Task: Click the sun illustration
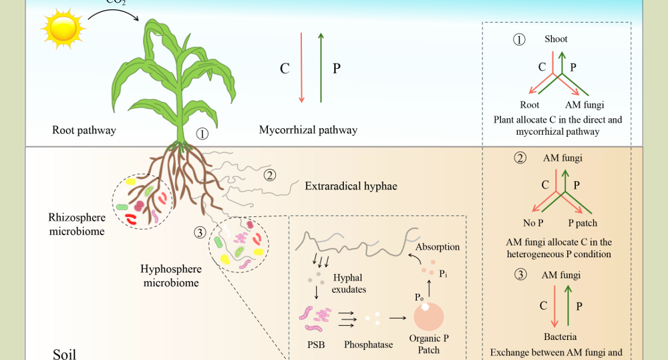point(63,28)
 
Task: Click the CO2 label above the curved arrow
point(116,2)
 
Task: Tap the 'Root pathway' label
point(84,130)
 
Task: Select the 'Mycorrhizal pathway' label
point(308,130)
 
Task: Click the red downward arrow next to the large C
point(301,67)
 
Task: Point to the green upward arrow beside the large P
point(321,67)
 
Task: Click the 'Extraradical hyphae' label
point(351,186)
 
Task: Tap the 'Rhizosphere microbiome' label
point(76,224)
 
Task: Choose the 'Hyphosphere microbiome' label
point(170,276)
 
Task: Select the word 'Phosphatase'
point(367,345)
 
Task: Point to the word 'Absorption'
point(438,247)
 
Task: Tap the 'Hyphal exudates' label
point(349,284)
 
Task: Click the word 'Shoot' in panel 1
point(556,39)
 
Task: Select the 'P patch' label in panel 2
point(582,223)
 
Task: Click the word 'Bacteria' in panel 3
point(560,337)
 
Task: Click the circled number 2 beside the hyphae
point(269,176)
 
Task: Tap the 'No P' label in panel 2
point(533,223)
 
